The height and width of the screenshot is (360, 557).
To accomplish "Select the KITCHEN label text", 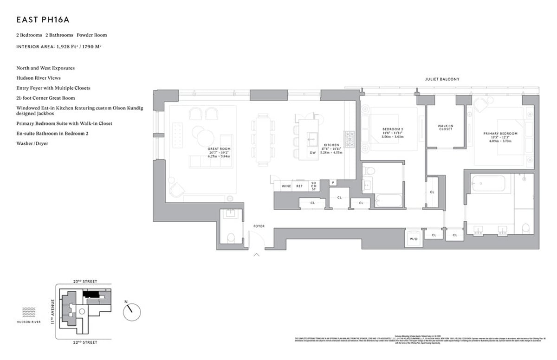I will (x=331, y=145).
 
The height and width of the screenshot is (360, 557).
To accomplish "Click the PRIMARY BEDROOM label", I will (x=500, y=134).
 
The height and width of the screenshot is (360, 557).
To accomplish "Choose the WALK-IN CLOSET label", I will (x=445, y=127).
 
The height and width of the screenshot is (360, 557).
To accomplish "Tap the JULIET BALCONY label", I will (x=442, y=79).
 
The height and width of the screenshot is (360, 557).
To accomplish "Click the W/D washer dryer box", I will (x=413, y=238).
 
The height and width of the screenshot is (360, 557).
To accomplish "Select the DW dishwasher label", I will (x=312, y=153).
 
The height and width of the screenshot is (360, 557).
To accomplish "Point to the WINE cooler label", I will (x=286, y=186).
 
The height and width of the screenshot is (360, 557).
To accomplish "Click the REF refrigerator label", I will (x=300, y=186).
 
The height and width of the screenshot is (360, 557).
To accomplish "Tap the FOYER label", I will (x=259, y=226).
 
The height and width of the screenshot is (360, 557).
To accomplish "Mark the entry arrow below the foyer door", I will (x=256, y=254).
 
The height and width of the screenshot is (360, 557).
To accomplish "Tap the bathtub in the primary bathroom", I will (x=488, y=184).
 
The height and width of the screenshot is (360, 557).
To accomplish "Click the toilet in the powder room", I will (x=230, y=238).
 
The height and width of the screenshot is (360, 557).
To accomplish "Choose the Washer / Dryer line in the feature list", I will (x=32, y=143).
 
